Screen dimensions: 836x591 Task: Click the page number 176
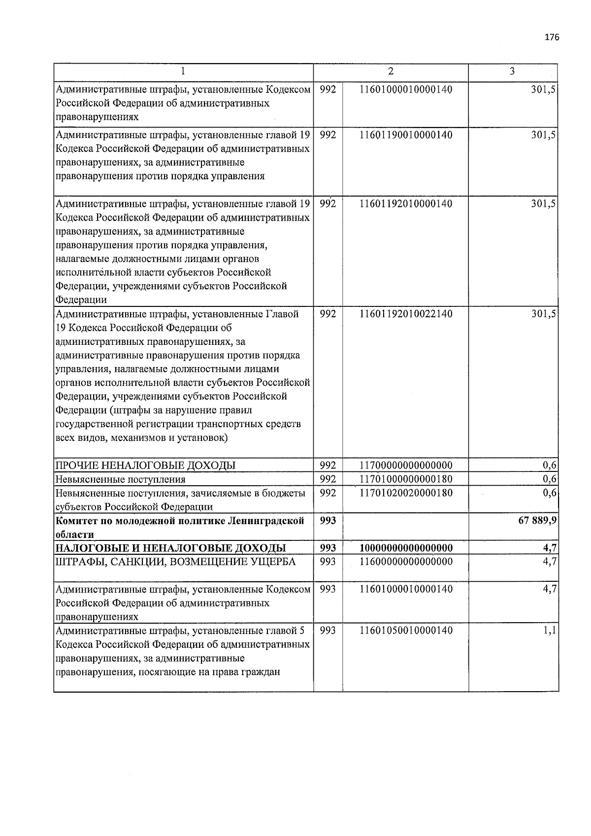pos(552,38)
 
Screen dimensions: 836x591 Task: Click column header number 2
pos(391,71)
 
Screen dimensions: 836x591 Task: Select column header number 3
pos(512,71)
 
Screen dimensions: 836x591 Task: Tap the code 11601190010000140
pos(406,134)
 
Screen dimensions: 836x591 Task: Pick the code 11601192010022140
pos(406,314)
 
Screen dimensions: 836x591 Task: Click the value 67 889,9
pos(537,521)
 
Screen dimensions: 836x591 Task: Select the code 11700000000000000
pos(406,465)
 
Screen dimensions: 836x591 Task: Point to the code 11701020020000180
pos(406,493)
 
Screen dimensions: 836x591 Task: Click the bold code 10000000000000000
pos(406,548)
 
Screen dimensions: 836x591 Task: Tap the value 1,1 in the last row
pos(550,631)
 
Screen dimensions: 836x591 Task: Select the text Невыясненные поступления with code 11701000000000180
pos(121,479)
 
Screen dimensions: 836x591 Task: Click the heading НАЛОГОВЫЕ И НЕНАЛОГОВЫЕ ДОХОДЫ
pos(170,548)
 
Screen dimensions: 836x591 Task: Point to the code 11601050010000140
pos(406,631)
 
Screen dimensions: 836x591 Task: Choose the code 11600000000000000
pos(406,562)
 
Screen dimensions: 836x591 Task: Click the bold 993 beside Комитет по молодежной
pos(328,521)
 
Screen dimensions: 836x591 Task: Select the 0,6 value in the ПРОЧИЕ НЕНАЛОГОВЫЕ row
pos(550,465)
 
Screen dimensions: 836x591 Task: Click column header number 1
pos(183,71)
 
